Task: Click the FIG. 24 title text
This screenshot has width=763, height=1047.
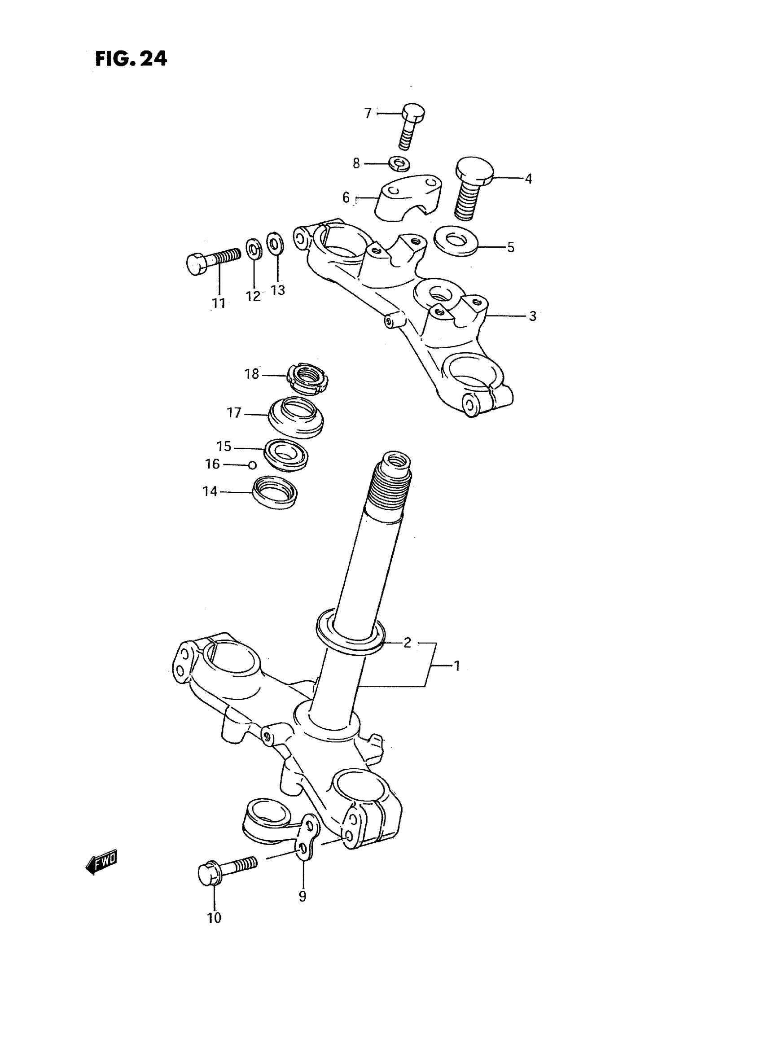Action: click(131, 59)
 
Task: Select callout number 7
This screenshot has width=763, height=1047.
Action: click(368, 113)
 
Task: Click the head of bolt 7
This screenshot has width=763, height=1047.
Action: click(413, 113)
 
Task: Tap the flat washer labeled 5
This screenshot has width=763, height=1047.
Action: click(456, 241)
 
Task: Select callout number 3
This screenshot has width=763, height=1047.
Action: click(533, 316)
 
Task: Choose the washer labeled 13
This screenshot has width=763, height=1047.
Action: click(275, 243)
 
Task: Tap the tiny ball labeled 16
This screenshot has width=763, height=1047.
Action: click(252, 465)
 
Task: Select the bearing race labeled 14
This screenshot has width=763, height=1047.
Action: click(275, 492)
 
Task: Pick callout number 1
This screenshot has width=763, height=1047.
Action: click(457, 666)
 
